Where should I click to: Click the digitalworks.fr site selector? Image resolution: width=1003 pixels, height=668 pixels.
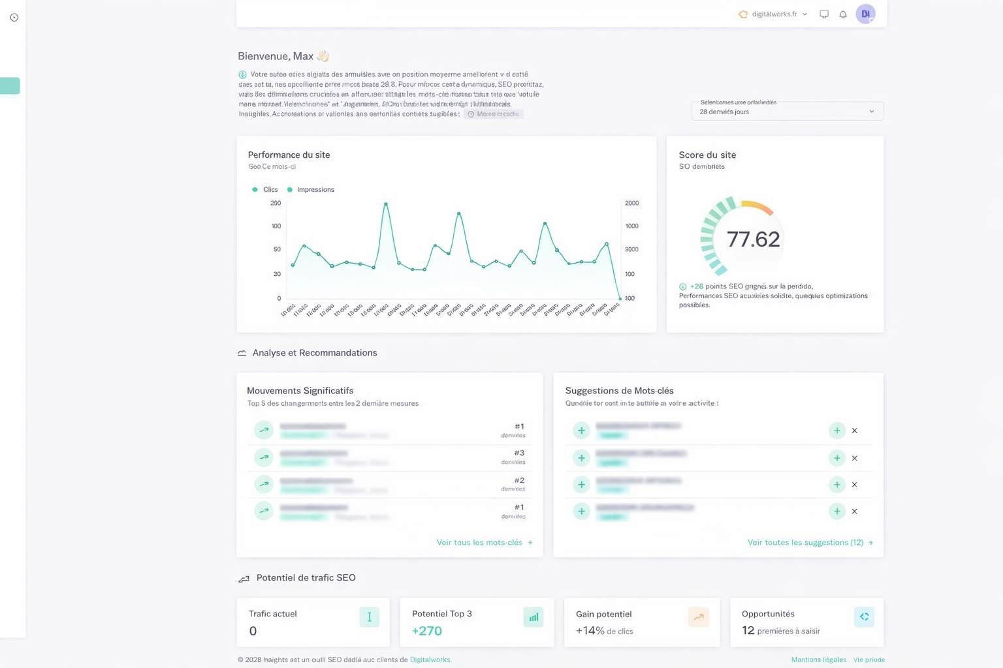tap(773, 14)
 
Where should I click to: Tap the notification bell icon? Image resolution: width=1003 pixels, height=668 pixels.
tap(843, 14)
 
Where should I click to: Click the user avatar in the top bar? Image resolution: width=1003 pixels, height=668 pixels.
tap(865, 14)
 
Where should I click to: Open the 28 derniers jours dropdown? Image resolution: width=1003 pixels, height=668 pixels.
tap(787, 112)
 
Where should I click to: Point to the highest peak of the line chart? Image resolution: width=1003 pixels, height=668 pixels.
tap(386, 204)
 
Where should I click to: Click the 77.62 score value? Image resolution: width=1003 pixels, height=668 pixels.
tap(753, 239)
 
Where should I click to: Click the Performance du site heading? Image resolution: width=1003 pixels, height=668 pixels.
tap(289, 155)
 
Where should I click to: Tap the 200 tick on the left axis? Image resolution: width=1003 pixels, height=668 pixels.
tap(276, 204)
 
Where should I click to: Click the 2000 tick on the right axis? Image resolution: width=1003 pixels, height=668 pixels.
tap(631, 204)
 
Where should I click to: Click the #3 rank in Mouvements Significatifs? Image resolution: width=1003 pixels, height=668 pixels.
tap(519, 453)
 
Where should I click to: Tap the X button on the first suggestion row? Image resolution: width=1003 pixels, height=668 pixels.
tap(854, 431)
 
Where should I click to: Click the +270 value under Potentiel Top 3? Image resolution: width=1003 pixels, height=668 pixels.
tap(427, 631)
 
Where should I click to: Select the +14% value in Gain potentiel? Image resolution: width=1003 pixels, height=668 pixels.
tap(590, 631)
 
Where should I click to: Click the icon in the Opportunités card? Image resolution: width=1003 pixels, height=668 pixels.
tap(864, 616)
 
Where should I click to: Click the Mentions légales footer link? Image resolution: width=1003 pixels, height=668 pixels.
tap(818, 660)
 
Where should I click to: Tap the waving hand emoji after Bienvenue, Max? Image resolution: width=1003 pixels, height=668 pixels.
tap(323, 56)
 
